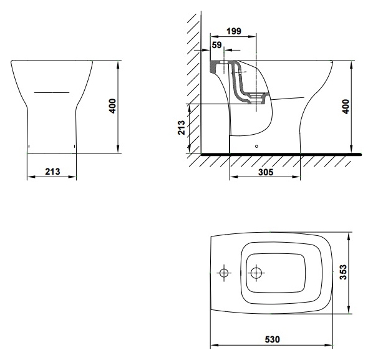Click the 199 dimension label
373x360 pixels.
pyautogui.click(x=234, y=31)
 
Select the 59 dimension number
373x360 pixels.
pyautogui.click(x=216, y=45)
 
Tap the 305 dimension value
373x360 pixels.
pyautogui.click(x=266, y=172)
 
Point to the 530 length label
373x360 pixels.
pyautogui.click(x=273, y=339)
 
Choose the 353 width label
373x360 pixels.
pyautogui.click(x=343, y=272)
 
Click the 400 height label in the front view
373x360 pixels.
pyautogui.click(x=112, y=106)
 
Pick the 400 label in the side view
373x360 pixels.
pyautogui.click(x=346, y=107)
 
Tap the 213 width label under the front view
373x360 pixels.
pyautogui.click(x=52, y=172)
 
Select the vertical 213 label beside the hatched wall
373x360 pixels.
pyautogui.click(x=182, y=127)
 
